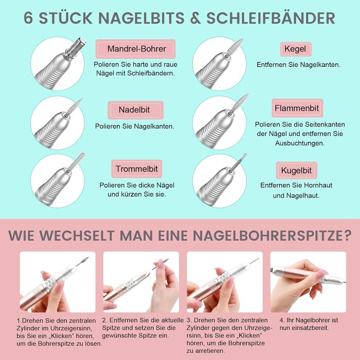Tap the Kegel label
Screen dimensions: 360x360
296,49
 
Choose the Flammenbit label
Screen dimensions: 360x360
297,108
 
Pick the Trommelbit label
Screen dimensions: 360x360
137,169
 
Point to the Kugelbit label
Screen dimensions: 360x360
296,171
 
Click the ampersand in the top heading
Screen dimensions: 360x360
195,19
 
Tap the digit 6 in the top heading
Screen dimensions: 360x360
28,19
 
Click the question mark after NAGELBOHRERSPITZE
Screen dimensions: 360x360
347,235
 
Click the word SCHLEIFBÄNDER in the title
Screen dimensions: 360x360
271,18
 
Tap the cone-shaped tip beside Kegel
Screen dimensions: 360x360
235,46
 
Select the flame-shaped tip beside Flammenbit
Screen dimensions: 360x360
240,102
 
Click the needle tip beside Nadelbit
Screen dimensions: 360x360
75,106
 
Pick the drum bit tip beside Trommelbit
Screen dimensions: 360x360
77,161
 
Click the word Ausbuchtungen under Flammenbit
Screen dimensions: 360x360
300,143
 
